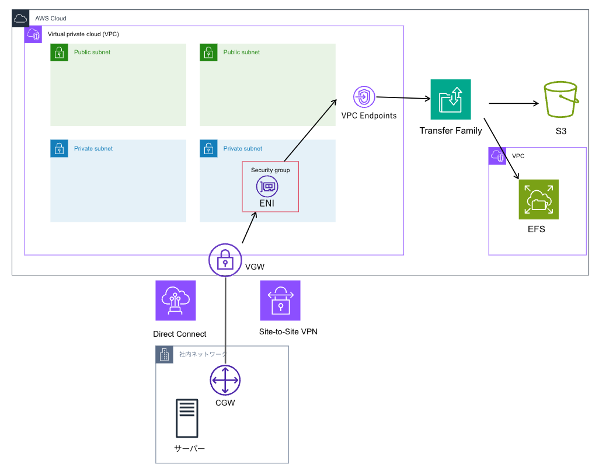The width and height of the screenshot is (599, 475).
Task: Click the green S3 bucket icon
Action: coord(560,100)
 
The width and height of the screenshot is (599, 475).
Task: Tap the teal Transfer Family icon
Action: coord(450,99)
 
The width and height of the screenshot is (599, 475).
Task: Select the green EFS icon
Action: coord(538,199)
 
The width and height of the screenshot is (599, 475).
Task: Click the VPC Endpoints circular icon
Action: coord(364,96)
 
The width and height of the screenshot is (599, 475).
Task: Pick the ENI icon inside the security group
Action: coord(267,187)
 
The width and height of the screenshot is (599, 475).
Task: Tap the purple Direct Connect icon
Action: coord(176,301)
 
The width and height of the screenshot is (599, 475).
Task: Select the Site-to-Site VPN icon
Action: coord(280,301)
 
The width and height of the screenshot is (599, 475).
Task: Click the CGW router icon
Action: coord(225,380)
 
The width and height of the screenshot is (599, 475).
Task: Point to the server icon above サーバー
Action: coord(187,418)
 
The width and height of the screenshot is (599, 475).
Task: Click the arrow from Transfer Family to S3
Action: coord(513,104)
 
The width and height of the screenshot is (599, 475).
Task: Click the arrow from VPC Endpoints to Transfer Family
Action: coord(403,99)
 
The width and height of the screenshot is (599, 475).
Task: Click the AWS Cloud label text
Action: coord(51,19)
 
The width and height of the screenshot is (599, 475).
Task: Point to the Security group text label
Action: coord(270,170)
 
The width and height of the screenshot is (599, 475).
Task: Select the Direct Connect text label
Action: coord(179,334)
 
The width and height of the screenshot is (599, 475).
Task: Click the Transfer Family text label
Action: coord(451,131)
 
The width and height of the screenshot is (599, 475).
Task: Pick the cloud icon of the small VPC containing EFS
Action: coord(497,156)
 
